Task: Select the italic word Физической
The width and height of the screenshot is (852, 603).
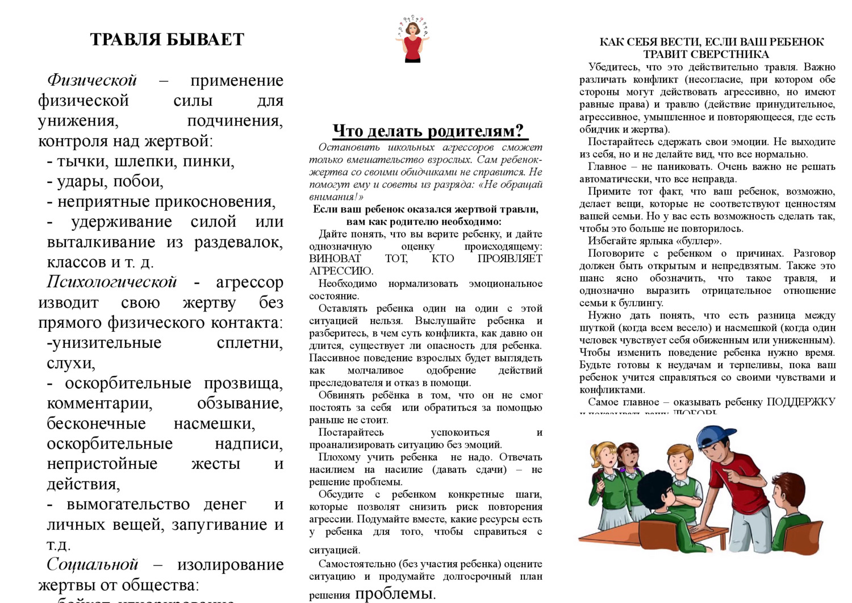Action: pyautogui.click(x=92, y=81)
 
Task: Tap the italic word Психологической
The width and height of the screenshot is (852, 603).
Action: pyautogui.click(x=111, y=282)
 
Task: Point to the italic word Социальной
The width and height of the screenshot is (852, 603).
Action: pyautogui.click(x=92, y=564)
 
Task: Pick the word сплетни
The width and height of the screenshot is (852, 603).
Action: pyautogui.click(x=249, y=343)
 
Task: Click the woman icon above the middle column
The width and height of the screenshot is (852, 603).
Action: pyautogui.click(x=412, y=40)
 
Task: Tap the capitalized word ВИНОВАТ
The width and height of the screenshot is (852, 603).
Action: pyautogui.click(x=335, y=259)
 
